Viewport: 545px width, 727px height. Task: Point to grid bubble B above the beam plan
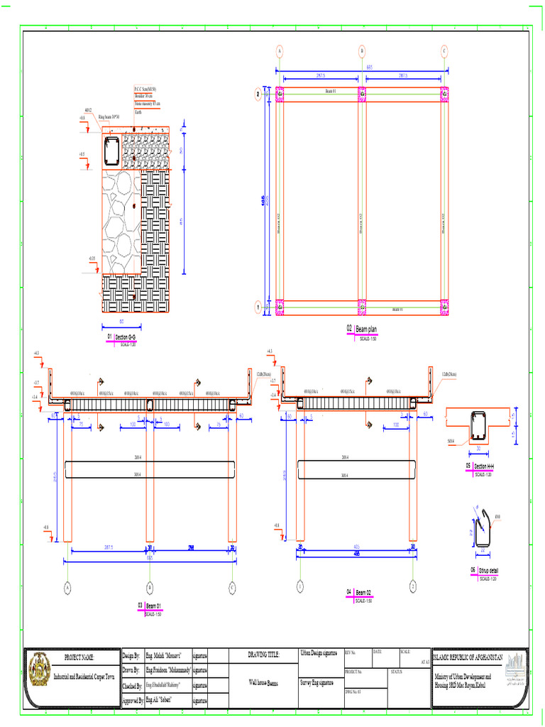point(362,51)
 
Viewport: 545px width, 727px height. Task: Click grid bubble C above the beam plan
point(445,51)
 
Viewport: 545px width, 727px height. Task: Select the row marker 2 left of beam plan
point(258,93)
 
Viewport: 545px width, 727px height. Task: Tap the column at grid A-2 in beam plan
point(280,93)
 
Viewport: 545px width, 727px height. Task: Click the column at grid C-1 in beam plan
point(445,307)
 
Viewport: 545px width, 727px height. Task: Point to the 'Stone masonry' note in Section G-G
point(147,104)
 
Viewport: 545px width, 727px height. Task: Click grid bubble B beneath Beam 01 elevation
point(150,587)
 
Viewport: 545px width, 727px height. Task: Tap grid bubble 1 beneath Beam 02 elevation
point(300,587)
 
